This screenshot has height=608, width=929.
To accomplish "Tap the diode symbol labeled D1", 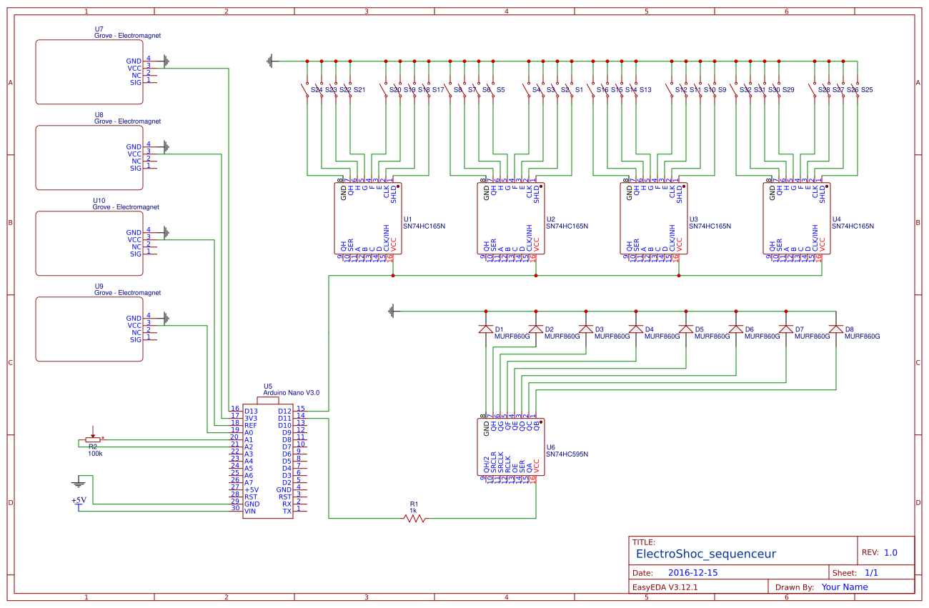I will click(x=486, y=329).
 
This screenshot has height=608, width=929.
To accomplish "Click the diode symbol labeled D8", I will click(x=835, y=329).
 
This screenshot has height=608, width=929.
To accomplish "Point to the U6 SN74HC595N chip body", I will click(x=511, y=447).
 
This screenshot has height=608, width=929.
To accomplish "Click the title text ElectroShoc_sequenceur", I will click(x=705, y=554).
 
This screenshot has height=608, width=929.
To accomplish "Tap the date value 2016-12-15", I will click(x=693, y=573).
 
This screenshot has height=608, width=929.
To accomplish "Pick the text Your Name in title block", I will click(x=845, y=587).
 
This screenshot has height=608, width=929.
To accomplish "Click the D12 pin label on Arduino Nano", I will click(x=284, y=412).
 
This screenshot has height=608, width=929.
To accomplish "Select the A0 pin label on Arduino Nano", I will click(x=249, y=433).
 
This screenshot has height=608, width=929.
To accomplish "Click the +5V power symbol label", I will click(x=79, y=500).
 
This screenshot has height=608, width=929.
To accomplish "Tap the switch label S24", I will click(x=316, y=90).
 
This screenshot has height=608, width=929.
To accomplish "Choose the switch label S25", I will click(x=867, y=90).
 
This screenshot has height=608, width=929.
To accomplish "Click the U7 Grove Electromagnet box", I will click(x=89, y=72).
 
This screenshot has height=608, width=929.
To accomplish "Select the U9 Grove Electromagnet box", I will click(x=89, y=329).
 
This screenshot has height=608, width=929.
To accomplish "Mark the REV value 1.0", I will click(x=890, y=553).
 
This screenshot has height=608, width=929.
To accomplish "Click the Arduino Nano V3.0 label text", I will click(x=291, y=393).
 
